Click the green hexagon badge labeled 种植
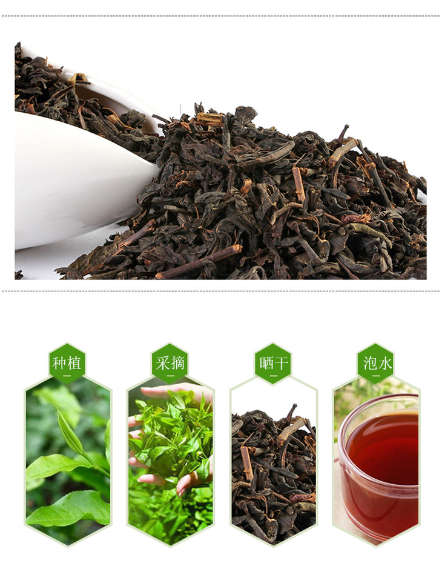tap(67, 363)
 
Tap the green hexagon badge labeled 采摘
tap(170, 363)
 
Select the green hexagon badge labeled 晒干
tap(273, 363)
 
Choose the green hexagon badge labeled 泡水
tap(375, 363)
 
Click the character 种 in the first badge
tap(60, 363)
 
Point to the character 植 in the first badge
tap(74, 363)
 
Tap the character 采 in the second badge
tap(163, 363)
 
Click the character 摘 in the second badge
tap(177, 363)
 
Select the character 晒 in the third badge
tap(266, 363)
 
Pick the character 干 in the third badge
tap(281, 363)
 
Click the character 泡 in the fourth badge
tap(369, 363)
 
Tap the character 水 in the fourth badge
tap(384, 363)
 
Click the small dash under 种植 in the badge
tap(67, 376)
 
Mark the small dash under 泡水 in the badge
tap(376, 376)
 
